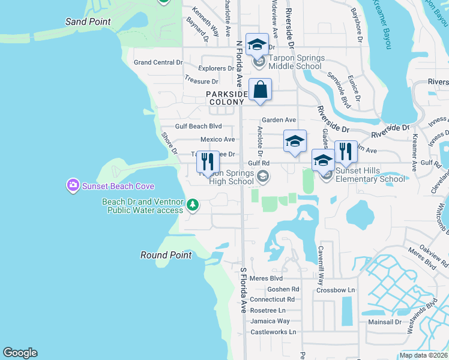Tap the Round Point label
[x=166, y=255]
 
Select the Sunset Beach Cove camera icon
[x=73, y=185]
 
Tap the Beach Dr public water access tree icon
[x=193, y=206]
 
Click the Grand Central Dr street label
[x=158, y=62]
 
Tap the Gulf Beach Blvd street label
[x=199, y=126]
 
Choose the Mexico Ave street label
[x=217, y=139]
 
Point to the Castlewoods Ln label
[x=273, y=332]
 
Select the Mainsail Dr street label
[x=384, y=322]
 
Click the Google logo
[x=20, y=353]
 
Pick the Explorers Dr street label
[x=216, y=68]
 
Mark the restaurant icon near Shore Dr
[x=208, y=163]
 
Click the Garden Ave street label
[x=279, y=120]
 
